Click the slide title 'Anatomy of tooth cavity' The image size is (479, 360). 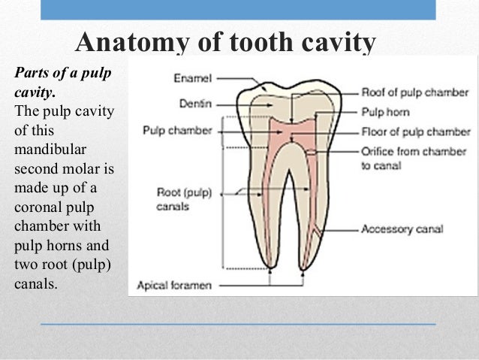point(225,43)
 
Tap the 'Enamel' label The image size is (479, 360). point(192,77)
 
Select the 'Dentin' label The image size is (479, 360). point(194,104)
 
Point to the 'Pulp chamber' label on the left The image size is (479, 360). point(177,130)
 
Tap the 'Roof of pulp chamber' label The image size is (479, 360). point(414,93)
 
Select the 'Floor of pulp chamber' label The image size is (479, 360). point(415,132)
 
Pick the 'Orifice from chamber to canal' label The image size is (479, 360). point(414,157)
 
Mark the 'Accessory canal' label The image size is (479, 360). point(402,228)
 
